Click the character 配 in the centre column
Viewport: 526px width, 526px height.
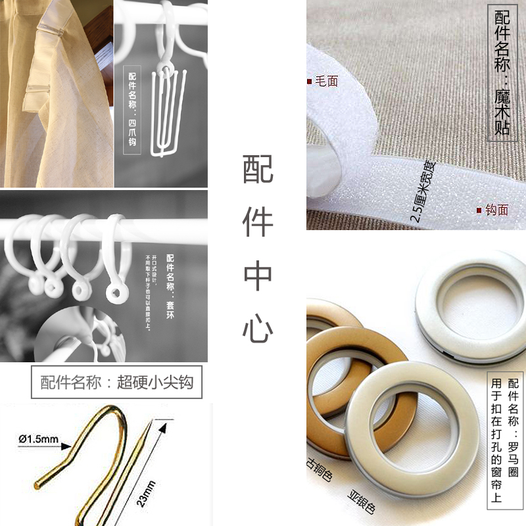pos(258,170)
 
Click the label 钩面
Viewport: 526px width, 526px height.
pos(497,210)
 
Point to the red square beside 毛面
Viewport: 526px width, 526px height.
pos(309,81)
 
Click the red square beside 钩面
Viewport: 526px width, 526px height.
pos(479,210)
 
